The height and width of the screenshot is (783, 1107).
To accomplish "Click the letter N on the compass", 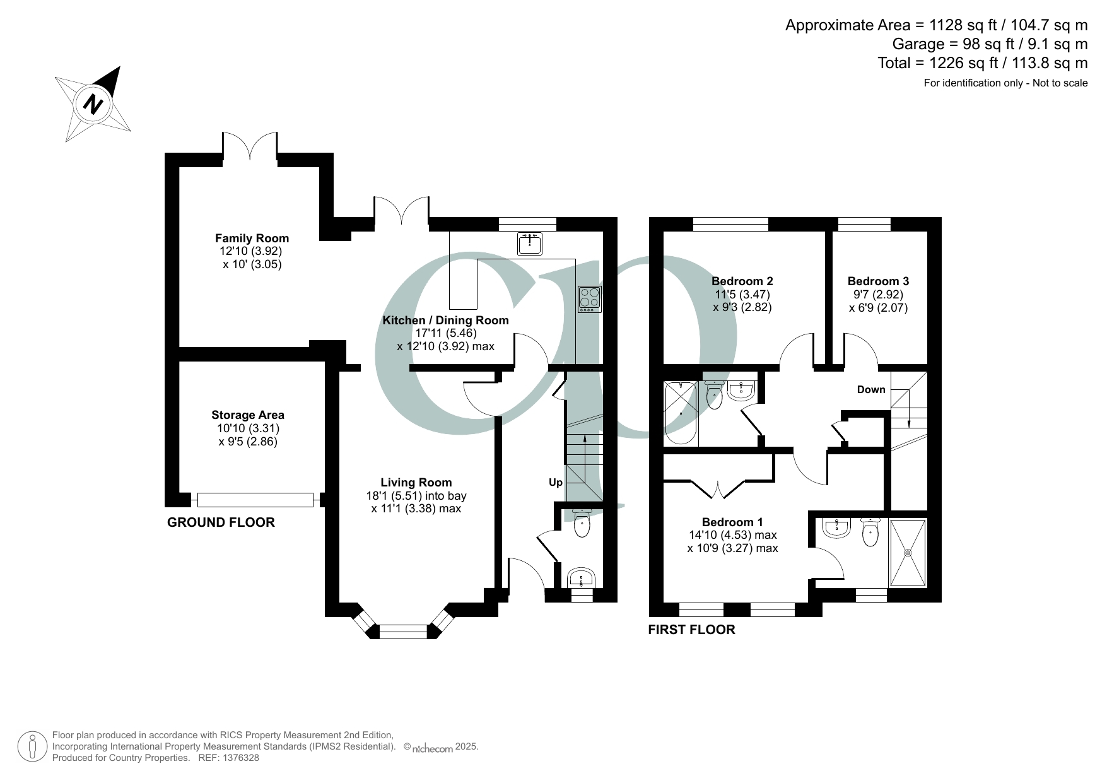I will tap(94, 104).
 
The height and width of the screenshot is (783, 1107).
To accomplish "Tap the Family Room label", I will tap(252, 238).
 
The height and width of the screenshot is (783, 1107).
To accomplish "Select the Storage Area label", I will tap(247, 415).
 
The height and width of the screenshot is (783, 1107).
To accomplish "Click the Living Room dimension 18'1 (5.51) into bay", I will tap(416, 496).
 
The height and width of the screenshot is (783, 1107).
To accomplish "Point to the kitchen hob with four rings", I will tap(590, 299).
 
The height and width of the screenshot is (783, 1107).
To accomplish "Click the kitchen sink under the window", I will tap(529, 244).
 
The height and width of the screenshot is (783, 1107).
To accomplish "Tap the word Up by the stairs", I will tap(555, 482).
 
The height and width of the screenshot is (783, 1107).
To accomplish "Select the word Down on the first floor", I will tap(870, 389).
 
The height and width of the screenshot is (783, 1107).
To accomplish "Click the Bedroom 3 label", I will tap(878, 281).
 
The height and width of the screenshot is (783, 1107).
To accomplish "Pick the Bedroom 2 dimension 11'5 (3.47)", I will tap(742, 294).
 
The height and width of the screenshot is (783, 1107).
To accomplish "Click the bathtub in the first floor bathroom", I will tap(681, 413).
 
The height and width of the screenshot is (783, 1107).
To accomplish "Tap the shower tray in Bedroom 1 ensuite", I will tap(908, 553).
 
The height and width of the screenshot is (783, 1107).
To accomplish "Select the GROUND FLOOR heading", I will tap(221, 522).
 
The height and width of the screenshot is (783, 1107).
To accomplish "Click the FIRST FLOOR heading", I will tap(691, 629).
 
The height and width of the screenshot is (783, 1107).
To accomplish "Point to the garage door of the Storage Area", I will tap(255, 500).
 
